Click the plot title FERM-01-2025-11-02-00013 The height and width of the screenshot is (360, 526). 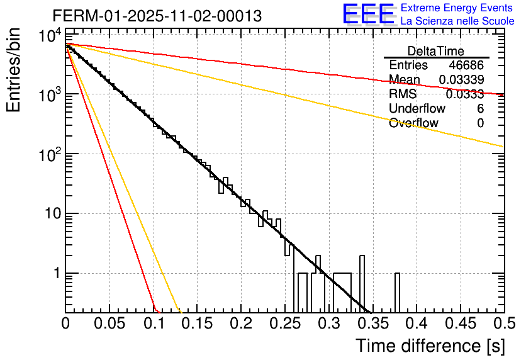pos(157,15)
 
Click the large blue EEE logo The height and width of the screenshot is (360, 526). pos(368,14)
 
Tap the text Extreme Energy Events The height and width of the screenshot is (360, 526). pos(457,8)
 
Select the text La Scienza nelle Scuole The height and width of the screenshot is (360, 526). pos(457,21)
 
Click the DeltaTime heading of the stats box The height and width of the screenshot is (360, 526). pos(436,51)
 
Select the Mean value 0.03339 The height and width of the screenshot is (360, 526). pos(461,80)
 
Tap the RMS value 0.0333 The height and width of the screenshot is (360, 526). pos(464,94)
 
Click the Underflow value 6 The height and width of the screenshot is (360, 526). pos(480,109)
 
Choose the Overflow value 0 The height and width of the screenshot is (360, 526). pos(480,123)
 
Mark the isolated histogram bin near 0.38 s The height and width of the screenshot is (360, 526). pos(397,293)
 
